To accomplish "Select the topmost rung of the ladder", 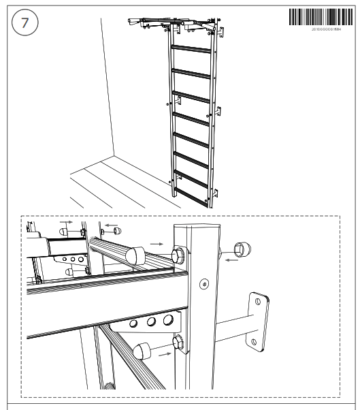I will click(192, 49).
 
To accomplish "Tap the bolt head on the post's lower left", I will click(179, 342).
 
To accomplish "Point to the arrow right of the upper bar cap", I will click(156, 242).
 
